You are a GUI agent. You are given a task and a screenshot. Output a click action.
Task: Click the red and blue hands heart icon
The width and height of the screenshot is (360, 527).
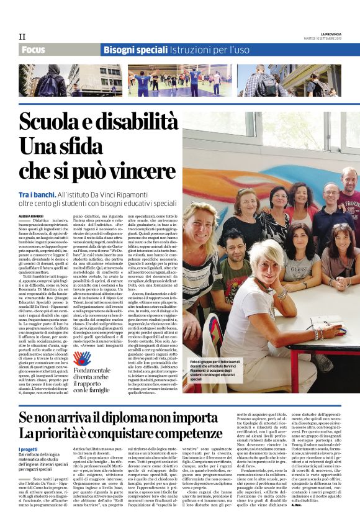82,358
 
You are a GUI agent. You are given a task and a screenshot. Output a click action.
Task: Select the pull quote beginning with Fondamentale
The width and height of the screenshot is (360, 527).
91,379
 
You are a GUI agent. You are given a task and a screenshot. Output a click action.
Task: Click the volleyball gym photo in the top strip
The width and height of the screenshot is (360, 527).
179,80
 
